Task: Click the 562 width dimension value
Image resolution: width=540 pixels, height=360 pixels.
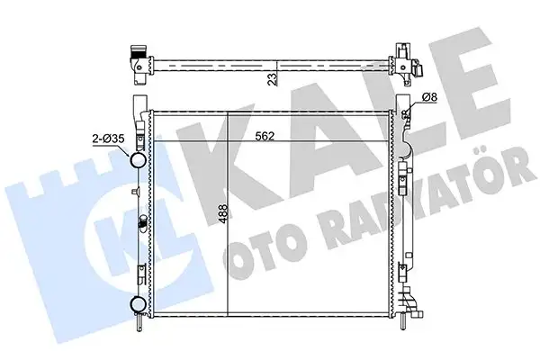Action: tap(265, 137)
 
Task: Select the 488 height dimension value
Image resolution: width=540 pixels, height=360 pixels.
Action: tap(223, 214)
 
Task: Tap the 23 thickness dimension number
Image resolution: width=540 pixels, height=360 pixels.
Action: tap(272, 79)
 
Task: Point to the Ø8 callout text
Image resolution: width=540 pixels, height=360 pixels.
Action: tap(429, 97)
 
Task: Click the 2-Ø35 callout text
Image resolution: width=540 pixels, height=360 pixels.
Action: tap(108, 139)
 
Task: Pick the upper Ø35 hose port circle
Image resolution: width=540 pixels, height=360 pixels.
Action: tap(138, 158)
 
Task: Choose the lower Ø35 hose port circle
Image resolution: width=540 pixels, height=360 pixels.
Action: tap(138, 303)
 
